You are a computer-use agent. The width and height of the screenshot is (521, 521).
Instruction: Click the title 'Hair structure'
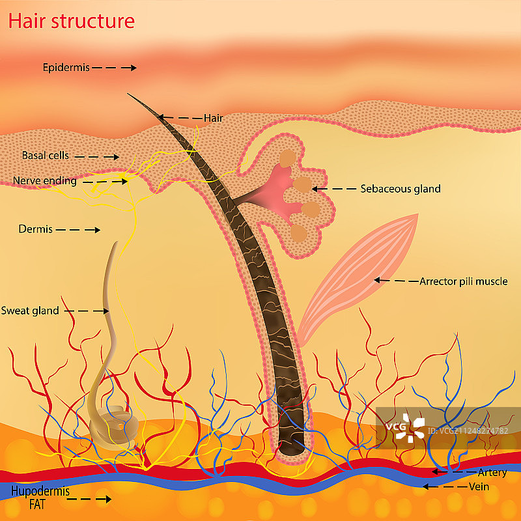pos(71,21)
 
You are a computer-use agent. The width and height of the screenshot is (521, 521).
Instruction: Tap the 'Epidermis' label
pos(66,67)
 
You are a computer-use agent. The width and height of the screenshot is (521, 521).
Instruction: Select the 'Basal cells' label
pos(45,156)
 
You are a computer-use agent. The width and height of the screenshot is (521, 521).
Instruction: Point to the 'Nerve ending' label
pos(44,181)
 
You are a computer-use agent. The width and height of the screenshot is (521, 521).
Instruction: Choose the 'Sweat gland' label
pos(30,311)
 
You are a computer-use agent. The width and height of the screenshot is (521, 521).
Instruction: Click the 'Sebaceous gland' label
pos(401,189)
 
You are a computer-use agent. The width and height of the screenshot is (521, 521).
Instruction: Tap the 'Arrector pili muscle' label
pos(463,281)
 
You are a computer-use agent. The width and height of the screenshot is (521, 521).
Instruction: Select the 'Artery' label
pos(492,472)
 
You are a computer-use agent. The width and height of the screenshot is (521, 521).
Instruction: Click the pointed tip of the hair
pos(129,94)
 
